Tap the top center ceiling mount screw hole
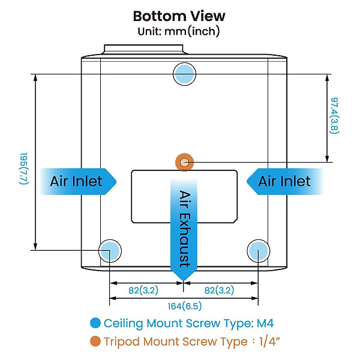click(x=184, y=74)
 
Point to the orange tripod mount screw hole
click(x=184, y=161)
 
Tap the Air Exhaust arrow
click(x=184, y=231)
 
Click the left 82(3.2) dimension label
click(x=143, y=290)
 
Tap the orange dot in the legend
click(x=94, y=343)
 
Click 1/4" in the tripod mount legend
click(x=268, y=343)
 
